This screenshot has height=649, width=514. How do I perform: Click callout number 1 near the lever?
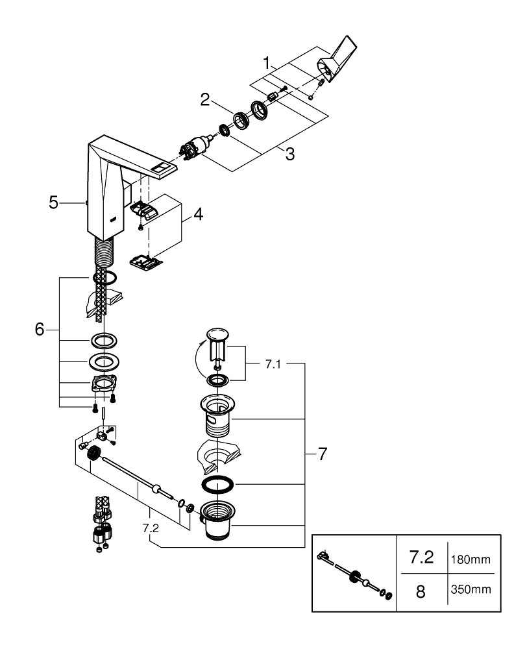[267, 64]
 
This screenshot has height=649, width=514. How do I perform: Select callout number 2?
[205, 99]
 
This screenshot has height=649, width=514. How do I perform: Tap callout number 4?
[198, 214]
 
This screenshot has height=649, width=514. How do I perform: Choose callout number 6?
[40, 329]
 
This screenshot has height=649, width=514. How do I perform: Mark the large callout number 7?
[323, 454]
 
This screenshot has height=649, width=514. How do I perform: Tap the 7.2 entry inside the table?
[420, 558]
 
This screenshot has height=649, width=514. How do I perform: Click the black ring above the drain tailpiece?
[215, 485]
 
